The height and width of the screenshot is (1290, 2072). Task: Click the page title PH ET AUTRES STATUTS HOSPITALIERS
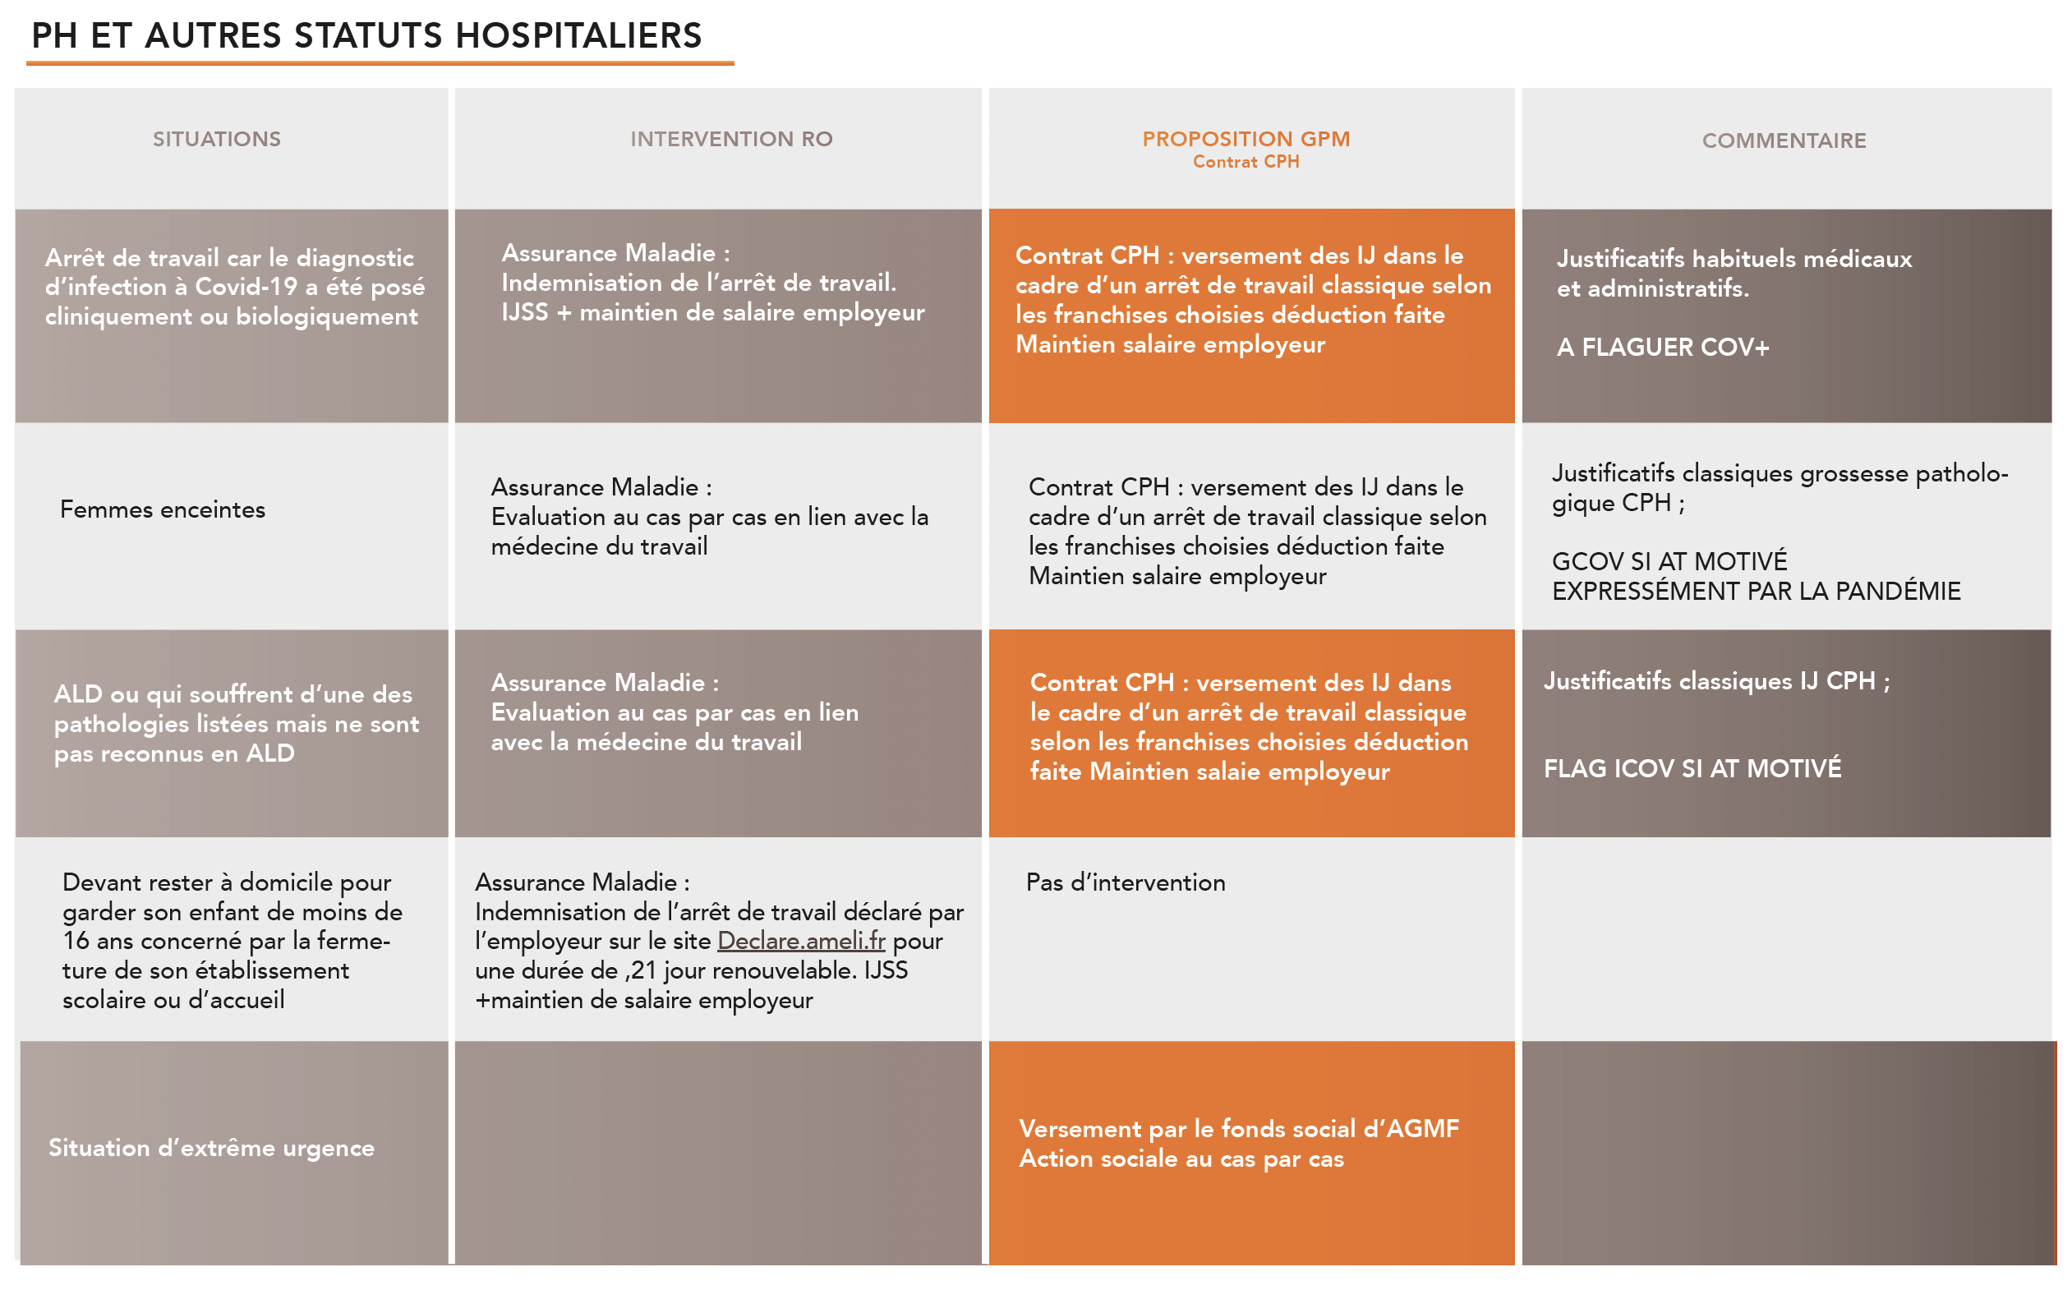click(366, 36)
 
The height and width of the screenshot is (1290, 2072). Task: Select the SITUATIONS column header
click(217, 139)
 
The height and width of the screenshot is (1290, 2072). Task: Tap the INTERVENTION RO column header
click(731, 139)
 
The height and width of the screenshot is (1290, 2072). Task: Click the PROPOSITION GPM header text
click(1246, 138)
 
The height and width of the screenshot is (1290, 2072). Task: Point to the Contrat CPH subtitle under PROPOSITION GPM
click(1246, 162)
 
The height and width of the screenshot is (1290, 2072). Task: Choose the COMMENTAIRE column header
click(1784, 141)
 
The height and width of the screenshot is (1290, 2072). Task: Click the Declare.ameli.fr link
click(801, 941)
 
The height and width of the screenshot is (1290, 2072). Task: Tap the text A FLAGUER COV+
click(1663, 348)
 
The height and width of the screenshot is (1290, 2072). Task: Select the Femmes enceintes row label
click(162, 509)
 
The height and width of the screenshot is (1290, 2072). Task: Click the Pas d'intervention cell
click(1126, 882)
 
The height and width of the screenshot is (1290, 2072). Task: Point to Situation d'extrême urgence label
click(210, 1148)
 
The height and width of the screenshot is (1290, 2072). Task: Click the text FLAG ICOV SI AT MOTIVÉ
click(1692, 769)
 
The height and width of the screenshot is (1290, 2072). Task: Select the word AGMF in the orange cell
click(1423, 1129)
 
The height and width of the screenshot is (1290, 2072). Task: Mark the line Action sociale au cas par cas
click(1181, 1159)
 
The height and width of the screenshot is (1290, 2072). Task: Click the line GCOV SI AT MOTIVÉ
click(1669, 561)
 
